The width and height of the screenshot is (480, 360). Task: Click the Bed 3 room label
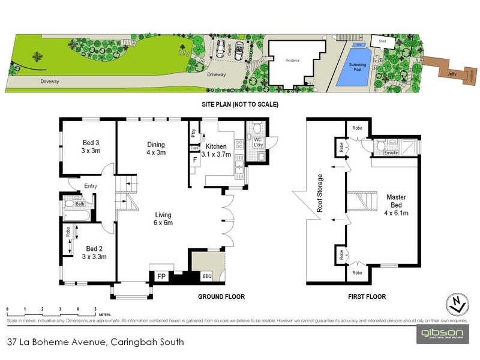click(x=91, y=146)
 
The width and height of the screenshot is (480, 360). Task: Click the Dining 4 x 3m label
click(x=156, y=148)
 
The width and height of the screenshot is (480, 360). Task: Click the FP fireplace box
click(x=161, y=276)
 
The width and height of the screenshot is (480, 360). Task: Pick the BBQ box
click(x=208, y=277)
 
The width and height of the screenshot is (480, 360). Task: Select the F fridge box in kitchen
click(x=195, y=161)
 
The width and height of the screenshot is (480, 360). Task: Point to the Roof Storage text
click(x=320, y=193)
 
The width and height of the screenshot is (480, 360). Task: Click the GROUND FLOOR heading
click(x=221, y=296)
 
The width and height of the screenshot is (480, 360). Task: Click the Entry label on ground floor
click(x=91, y=186)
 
